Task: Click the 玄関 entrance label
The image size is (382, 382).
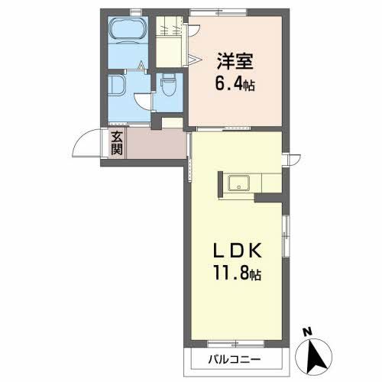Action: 116,143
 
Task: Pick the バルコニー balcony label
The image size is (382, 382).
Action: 234,359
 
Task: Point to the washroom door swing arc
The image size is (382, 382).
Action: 143,99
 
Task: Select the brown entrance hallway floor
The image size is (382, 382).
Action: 157,144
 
